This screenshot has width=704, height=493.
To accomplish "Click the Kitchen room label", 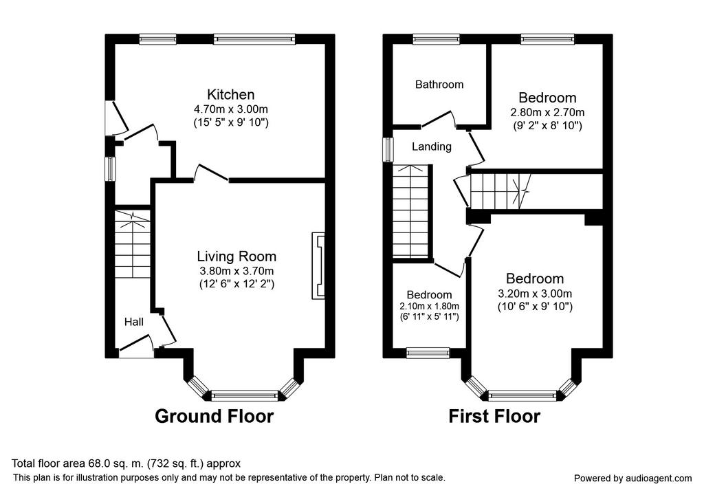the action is point(231,95).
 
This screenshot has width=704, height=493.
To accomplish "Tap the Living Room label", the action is point(236,256).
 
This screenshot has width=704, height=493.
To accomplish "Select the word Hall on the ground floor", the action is point(134,322).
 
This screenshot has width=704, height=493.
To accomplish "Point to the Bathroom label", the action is point(439,85).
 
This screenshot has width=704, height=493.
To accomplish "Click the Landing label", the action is point(432,147).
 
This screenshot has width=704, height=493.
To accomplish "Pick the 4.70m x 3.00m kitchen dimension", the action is point(231,109).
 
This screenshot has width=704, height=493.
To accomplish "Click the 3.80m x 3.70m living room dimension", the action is point(236,271).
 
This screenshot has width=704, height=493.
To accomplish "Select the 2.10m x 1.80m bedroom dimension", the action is point(429,306).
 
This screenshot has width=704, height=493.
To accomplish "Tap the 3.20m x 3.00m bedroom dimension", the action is point(535,294).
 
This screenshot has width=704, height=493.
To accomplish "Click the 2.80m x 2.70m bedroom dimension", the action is point(547,112).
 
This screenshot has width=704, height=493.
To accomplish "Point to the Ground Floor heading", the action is point(214,416).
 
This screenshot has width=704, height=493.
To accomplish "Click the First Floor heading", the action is point(494,416).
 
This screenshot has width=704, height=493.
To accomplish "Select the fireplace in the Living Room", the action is point(318,266).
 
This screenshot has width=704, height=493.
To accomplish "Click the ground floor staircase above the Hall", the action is point(133,244).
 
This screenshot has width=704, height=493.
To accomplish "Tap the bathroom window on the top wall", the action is point(437,39).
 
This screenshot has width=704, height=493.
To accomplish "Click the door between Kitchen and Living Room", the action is point(212,173).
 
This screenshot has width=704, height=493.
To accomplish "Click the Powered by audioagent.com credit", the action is point(632,479).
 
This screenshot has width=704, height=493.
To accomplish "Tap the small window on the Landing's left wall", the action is point(388,149).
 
